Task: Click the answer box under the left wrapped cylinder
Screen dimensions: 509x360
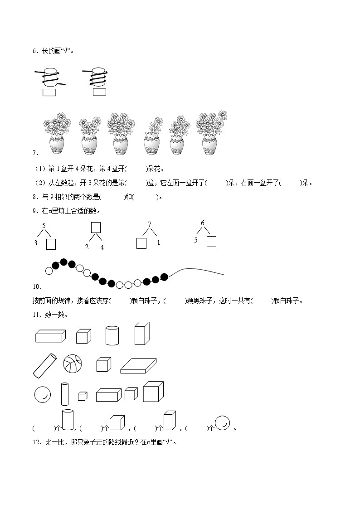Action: coord(49,92)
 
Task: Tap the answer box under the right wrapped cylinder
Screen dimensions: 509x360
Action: coord(99,92)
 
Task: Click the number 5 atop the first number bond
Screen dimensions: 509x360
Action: coord(44,226)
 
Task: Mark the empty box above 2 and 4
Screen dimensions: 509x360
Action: coord(96,227)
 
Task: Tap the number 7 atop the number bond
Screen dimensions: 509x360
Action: coord(150,224)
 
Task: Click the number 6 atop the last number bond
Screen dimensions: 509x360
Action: coord(203,223)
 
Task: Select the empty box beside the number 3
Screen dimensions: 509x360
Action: coord(51,244)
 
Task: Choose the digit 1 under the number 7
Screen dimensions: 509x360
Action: coord(158,242)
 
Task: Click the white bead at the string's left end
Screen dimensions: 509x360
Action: coord(49,271)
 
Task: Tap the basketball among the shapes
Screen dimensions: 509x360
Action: coord(73,364)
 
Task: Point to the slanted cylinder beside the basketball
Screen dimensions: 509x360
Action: coord(44,365)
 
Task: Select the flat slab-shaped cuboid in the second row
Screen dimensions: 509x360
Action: coord(139,365)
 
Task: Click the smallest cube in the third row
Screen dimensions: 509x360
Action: coord(82,396)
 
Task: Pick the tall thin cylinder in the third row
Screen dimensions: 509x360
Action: coord(64,393)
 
